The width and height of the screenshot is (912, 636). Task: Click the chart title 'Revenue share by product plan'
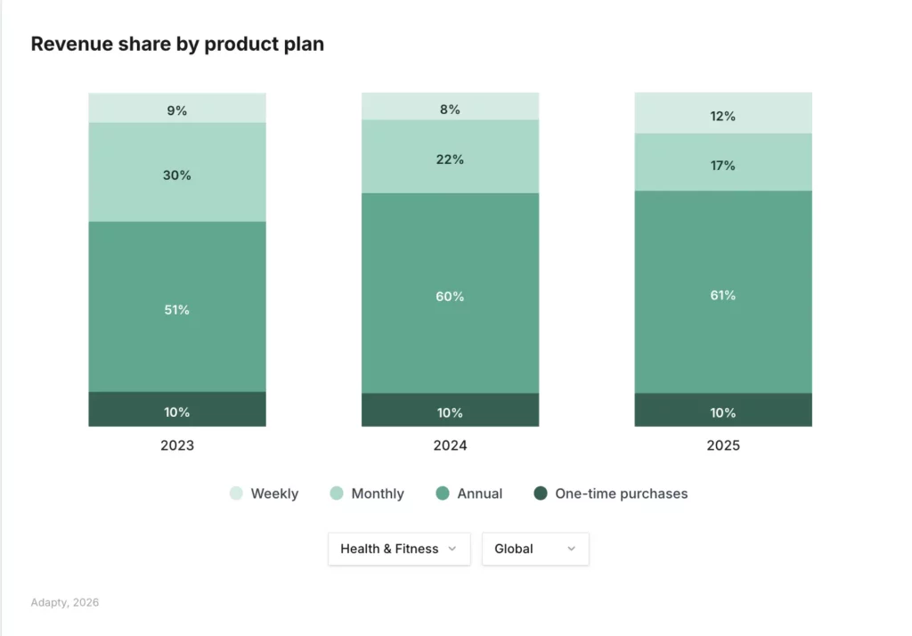tap(177, 44)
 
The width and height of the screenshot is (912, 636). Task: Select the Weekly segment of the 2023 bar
tap(177, 108)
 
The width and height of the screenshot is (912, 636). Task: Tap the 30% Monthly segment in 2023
tap(177, 172)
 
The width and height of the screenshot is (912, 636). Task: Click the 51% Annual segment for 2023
tap(177, 306)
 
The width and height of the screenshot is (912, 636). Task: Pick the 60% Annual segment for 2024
tap(450, 293)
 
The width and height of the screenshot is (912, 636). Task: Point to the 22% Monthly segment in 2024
tap(450, 157)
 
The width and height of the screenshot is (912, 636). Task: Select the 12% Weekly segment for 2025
tap(722, 113)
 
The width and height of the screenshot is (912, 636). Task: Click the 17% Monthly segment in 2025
tap(722, 162)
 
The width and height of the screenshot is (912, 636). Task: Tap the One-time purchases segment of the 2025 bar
tap(722, 410)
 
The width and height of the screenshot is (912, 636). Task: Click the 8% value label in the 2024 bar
tap(450, 110)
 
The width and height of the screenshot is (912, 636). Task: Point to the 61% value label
tap(722, 295)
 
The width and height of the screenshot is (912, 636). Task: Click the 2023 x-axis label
tap(177, 445)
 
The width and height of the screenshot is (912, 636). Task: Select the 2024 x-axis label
tap(450, 445)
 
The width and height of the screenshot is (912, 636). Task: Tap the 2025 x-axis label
tap(722, 445)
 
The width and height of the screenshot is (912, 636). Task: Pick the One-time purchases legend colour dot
tap(541, 493)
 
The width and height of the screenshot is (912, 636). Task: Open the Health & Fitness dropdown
tap(399, 549)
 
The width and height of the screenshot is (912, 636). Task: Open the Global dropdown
tap(535, 549)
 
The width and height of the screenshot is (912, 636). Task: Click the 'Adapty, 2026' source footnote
tap(64, 602)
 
